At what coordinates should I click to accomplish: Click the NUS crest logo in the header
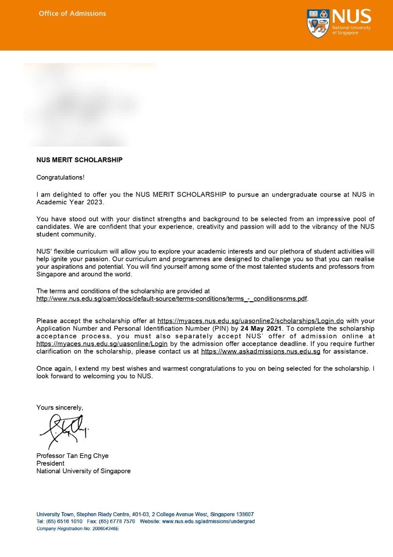click(x=318, y=23)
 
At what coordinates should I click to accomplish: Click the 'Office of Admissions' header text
click(x=72, y=13)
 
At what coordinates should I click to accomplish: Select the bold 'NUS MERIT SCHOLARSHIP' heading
click(x=79, y=160)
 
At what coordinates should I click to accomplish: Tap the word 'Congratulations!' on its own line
click(x=60, y=177)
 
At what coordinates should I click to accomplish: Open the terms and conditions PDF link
click(x=172, y=299)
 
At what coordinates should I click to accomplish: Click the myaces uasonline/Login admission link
click(x=102, y=343)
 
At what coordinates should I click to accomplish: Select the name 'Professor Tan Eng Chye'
click(x=72, y=456)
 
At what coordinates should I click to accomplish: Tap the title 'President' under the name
click(x=50, y=463)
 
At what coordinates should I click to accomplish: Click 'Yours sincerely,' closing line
click(x=59, y=407)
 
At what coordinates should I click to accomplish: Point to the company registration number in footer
click(x=77, y=529)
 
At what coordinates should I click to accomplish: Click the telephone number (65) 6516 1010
click(x=64, y=521)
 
